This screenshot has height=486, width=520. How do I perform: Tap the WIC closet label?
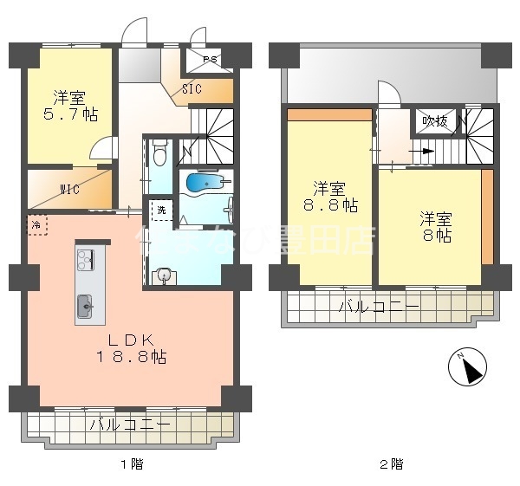70,189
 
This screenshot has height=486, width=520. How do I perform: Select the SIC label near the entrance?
192,88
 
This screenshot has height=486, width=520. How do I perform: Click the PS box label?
210,60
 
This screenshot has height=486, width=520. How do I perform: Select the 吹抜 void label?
434,121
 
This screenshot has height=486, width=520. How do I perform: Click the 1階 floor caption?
133,465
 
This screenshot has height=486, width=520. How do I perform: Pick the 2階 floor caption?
390,465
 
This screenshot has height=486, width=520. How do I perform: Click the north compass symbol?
467,369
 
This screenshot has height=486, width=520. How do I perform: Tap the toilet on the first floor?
159,155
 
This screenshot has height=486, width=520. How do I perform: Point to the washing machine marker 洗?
160,211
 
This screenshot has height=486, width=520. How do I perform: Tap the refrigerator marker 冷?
36,224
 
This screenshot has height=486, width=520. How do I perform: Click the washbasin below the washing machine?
163,275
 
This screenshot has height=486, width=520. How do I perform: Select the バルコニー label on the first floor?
130,424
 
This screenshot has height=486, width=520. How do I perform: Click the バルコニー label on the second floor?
379,306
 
